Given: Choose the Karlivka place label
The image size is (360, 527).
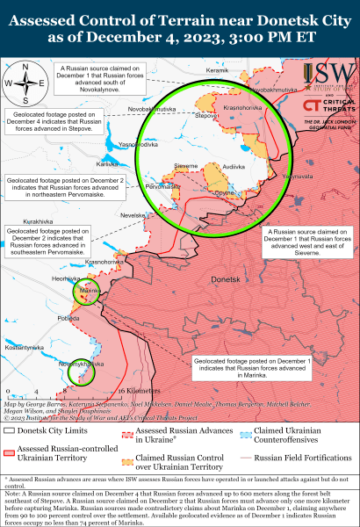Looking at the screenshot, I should click(x=107, y=164).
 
